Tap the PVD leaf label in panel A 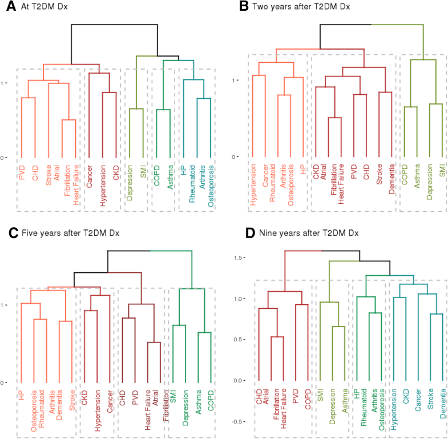22,173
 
